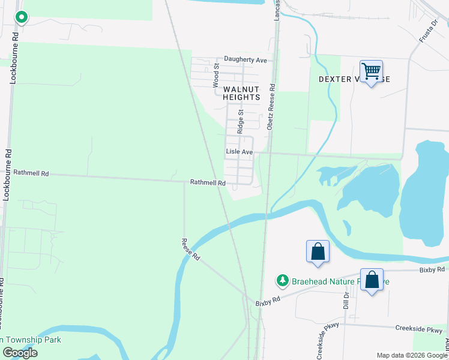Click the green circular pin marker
(22, 18)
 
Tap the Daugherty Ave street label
(245, 60)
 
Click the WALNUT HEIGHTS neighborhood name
(242, 93)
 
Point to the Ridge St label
(240, 121)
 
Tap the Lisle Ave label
(239, 152)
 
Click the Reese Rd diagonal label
(191, 248)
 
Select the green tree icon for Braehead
(282, 280)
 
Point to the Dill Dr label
(346, 299)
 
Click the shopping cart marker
(372, 71)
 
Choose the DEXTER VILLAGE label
(354, 79)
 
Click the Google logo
(20, 353)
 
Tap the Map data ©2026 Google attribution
(411, 355)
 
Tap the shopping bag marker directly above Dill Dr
(372, 280)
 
